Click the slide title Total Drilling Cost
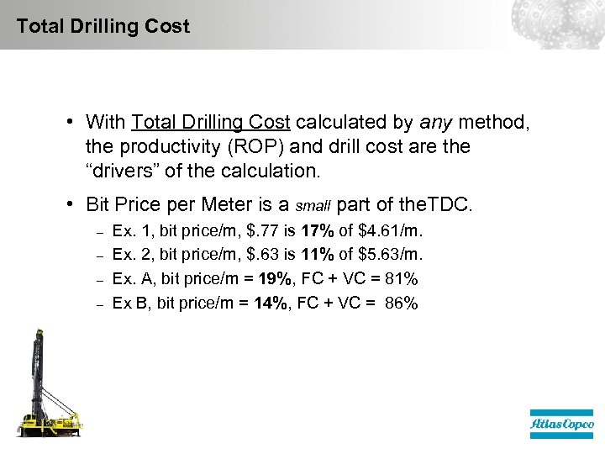click(103, 26)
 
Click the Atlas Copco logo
click(560, 425)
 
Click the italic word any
click(434, 123)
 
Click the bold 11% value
click(318, 254)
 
